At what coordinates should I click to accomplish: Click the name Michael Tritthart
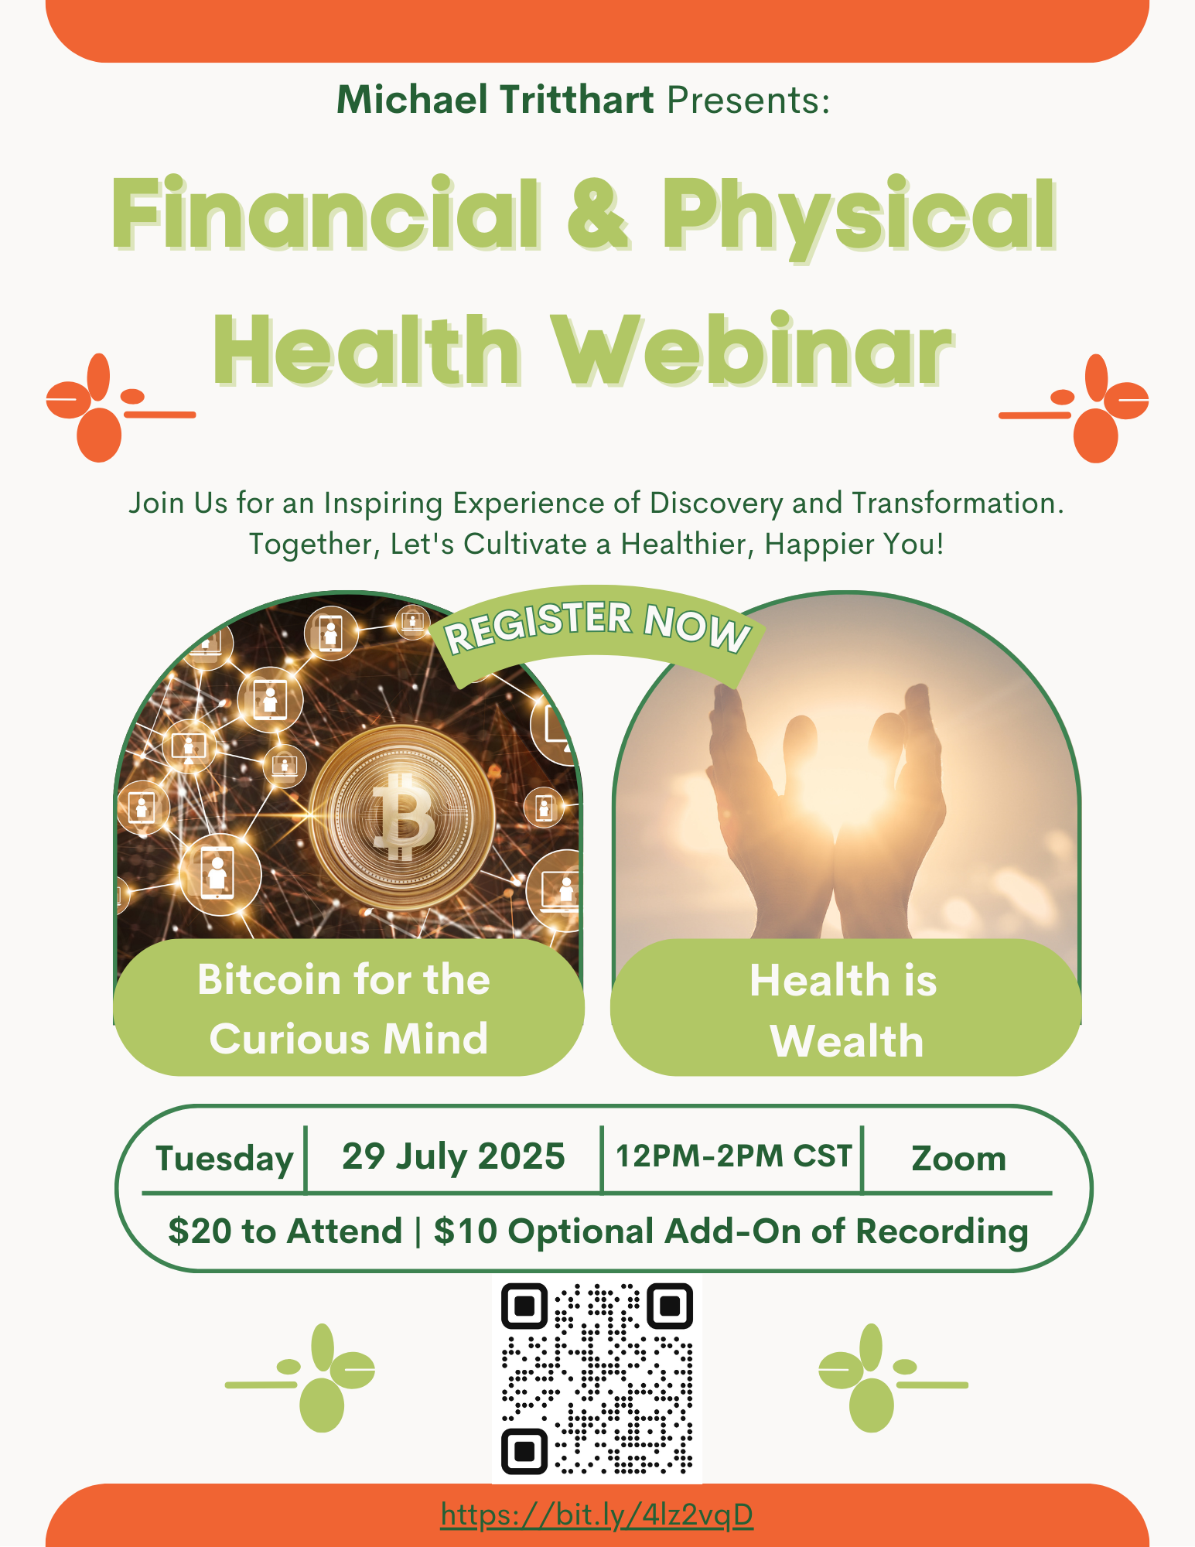click(x=495, y=99)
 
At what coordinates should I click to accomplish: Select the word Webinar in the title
click(x=753, y=350)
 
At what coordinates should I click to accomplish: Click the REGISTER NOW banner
click(x=597, y=630)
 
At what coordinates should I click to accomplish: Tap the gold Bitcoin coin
click(x=401, y=816)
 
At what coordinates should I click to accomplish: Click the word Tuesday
click(x=224, y=1159)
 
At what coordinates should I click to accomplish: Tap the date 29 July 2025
click(x=453, y=1157)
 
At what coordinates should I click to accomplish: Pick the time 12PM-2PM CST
click(x=733, y=1156)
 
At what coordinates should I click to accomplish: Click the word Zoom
click(x=958, y=1159)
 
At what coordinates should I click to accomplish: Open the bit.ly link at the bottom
click(x=597, y=1515)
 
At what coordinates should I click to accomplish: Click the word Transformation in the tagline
click(x=958, y=503)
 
